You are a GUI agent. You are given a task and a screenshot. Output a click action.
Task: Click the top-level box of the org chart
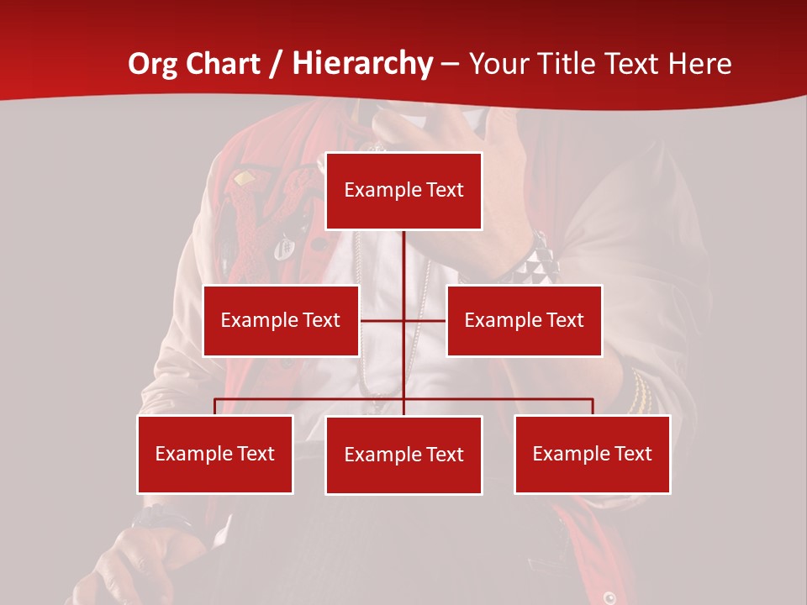(403, 191)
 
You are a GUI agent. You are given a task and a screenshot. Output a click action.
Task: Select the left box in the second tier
(281, 320)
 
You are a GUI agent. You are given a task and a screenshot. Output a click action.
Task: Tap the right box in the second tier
(524, 320)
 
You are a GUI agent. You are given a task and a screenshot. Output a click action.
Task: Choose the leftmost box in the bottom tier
(215, 454)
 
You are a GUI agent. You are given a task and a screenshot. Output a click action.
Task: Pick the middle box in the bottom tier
(403, 455)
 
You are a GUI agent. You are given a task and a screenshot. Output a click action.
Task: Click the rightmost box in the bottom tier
(592, 454)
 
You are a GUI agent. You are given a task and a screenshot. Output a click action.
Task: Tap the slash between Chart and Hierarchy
(277, 64)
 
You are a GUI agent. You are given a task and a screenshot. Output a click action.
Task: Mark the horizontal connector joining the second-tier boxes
(382, 320)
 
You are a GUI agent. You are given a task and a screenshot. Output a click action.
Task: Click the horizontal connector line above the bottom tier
(311, 399)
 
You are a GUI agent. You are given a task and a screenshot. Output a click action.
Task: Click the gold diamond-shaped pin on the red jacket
(244, 178)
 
